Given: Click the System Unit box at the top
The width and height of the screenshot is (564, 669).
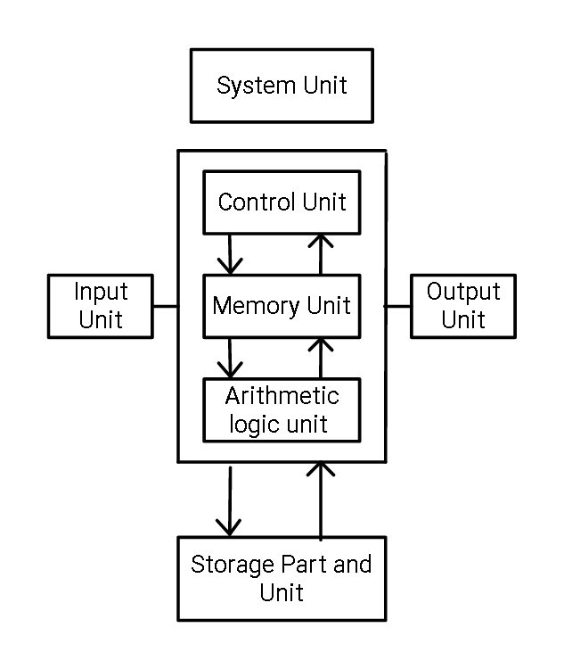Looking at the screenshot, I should (282, 86).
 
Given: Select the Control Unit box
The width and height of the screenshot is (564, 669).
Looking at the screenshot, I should (282, 202).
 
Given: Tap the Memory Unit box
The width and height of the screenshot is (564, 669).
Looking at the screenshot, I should (282, 306).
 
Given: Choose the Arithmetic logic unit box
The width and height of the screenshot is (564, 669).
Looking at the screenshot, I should (282, 409).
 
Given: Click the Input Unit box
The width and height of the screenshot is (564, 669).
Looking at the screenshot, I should (101, 306).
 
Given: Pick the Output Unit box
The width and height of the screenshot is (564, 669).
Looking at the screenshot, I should (463, 306).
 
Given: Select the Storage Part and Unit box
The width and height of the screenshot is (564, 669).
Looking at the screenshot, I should (282, 578).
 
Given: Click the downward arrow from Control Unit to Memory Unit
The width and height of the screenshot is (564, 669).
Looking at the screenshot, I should (231, 253).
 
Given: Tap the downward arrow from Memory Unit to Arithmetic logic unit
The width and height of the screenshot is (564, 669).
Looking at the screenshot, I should (231, 357).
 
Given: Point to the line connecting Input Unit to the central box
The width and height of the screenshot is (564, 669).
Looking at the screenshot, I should (165, 306).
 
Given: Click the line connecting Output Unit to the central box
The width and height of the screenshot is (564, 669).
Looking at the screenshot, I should (397, 306).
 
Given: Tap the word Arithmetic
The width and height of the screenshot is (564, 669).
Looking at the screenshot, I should (282, 395).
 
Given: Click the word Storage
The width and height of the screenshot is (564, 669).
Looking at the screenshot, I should (226, 566).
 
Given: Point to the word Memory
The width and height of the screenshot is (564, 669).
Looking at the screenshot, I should (255, 306).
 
